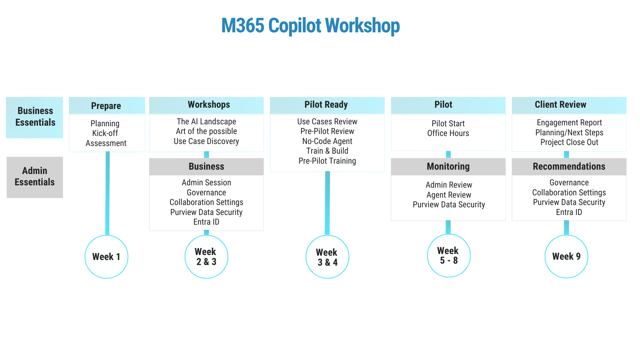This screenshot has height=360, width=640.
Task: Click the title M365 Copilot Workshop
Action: click(x=310, y=26)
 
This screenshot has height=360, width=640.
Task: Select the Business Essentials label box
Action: click(x=35, y=118)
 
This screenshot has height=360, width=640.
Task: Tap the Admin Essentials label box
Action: click(x=35, y=177)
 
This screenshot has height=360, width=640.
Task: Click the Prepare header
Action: click(x=107, y=106)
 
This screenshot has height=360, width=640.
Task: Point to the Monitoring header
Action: click(x=448, y=167)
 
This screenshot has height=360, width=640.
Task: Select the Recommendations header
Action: click(x=569, y=167)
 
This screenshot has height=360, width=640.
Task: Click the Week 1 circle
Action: click(x=106, y=257)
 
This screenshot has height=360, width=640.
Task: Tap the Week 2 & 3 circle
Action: click(x=206, y=257)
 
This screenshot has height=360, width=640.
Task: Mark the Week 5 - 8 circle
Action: click(x=449, y=256)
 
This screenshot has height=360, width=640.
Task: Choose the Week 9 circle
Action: click(x=566, y=256)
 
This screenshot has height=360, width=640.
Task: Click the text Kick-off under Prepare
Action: click(x=105, y=133)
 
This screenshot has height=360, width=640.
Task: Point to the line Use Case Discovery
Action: click(x=206, y=141)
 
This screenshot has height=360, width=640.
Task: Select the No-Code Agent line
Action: click(x=327, y=141)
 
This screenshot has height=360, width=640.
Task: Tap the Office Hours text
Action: click(x=448, y=133)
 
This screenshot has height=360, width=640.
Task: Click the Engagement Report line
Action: click(x=569, y=123)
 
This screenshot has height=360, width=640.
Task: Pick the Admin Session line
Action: click(x=206, y=183)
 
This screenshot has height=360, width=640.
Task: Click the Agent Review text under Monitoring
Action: click(x=449, y=195)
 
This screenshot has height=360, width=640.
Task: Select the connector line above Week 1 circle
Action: click(x=107, y=193)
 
